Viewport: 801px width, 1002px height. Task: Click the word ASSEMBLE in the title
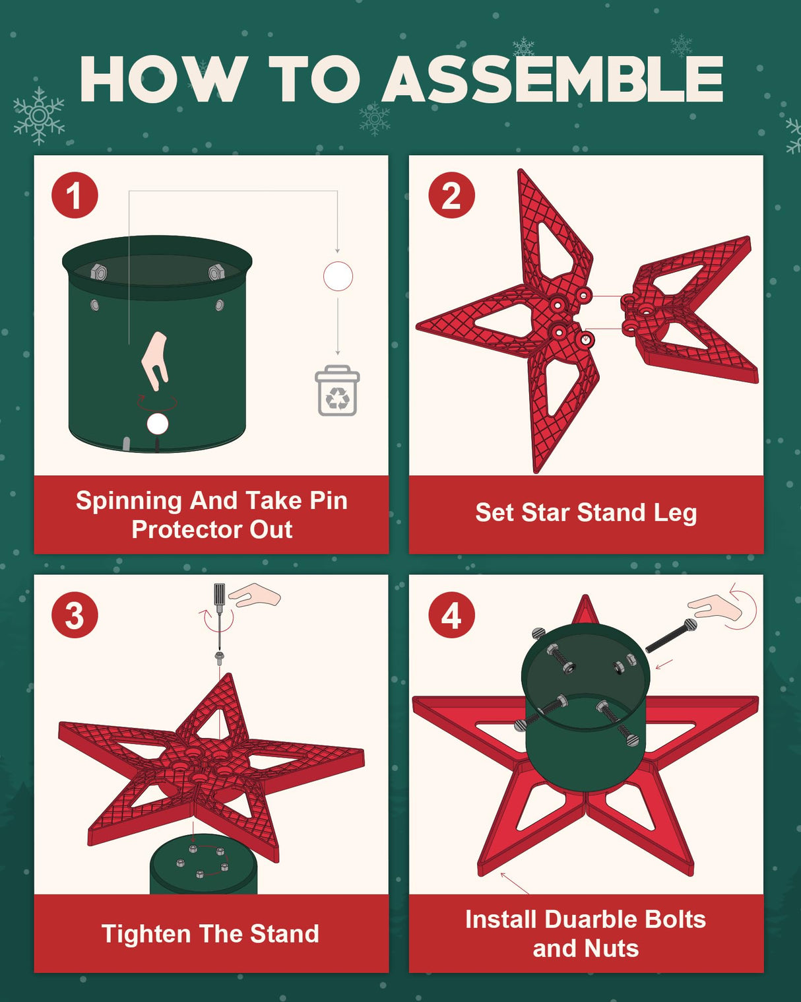click(x=553, y=79)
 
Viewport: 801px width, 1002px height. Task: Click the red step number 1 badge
click(x=75, y=195)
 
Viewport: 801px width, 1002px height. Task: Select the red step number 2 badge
click(x=451, y=195)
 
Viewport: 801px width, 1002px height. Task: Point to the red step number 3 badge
click(x=75, y=615)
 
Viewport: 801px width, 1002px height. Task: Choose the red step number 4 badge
click(x=451, y=615)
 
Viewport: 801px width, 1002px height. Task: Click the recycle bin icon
click(x=337, y=391)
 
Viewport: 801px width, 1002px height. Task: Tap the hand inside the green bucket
click(x=156, y=360)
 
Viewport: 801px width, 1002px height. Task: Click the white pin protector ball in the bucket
click(x=158, y=424)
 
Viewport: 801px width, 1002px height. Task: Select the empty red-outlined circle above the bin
click(x=338, y=277)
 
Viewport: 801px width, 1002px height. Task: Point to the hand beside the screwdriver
click(x=257, y=595)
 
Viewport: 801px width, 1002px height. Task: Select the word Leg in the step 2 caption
click(x=674, y=513)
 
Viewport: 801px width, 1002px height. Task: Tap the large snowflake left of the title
click(x=39, y=116)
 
